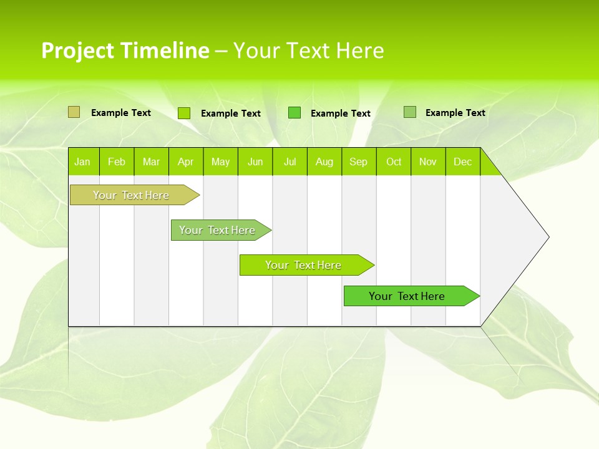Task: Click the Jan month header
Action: pos(83,162)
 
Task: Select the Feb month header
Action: pos(117,162)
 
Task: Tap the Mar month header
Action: pos(151,162)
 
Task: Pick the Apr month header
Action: pos(186,162)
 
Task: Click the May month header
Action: pos(220,162)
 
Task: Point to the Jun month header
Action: pos(255,162)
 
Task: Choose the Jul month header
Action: pos(290,162)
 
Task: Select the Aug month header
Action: pos(324,162)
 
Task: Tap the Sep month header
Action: pos(359,162)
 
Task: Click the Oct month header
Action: pos(394,162)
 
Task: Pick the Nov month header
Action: pos(428,162)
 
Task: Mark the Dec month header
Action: pos(463,162)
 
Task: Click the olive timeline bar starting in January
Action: pos(131,195)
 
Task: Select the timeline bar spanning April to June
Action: pos(218,230)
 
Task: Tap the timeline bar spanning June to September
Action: pos(303,265)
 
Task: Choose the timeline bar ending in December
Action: pos(407,296)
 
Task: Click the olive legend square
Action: pos(74,112)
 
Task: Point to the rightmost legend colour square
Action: pos(410,112)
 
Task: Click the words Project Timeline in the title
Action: pos(125,51)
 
